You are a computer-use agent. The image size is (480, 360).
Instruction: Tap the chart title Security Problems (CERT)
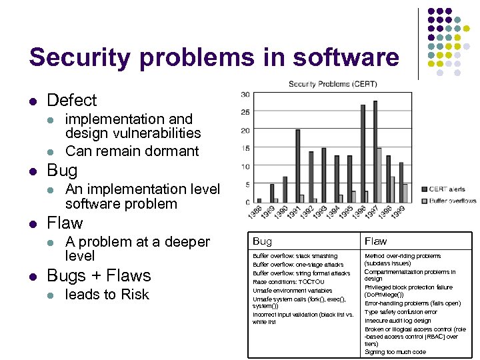(x=332, y=84)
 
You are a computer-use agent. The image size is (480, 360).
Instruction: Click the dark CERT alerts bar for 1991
(x=297, y=166)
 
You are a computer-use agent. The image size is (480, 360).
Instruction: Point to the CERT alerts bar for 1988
(x=259, y=201)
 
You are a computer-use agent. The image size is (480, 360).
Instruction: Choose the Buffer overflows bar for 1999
(x=405, y=193)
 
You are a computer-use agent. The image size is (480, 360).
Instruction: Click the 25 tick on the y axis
(x=246, y=112)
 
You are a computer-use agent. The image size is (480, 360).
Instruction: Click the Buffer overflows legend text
(x=453, y=201)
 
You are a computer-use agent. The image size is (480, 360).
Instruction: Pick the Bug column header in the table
(x=262, y=241)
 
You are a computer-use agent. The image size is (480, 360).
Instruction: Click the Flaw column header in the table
(x=375, y=241)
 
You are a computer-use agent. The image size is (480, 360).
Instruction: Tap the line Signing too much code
(x=395, y=352)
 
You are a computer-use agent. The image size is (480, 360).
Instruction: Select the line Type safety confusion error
(x=401, y=312)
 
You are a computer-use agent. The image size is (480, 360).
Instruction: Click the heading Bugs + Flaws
(x=99, y=275)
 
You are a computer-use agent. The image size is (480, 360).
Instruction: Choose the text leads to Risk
(x=107, y=294)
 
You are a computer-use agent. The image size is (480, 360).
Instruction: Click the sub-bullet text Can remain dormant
(x=132, y=151)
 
